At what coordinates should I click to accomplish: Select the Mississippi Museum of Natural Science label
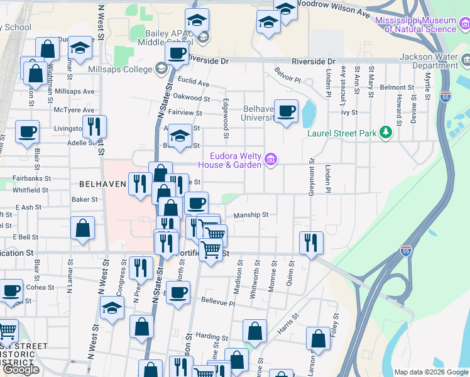coord(415,25)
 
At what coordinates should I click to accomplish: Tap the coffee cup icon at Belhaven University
coord(287,111)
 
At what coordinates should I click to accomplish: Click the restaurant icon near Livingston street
coord(94,126)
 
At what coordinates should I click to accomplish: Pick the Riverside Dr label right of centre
coord(314,61)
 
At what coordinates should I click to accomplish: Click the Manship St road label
coord(251,215)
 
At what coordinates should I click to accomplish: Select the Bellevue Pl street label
coord(214,303)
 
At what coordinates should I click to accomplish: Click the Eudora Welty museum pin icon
coord(271,160)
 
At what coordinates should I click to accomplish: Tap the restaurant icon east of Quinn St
coord(311,242)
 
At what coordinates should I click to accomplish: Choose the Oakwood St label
coord(191,97)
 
